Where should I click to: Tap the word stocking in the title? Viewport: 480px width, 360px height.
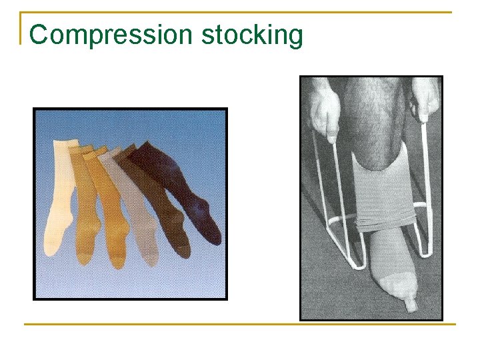pyautogui.click(x=252, y=35)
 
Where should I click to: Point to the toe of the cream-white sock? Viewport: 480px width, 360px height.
pyautogui.click(x=52, y=248)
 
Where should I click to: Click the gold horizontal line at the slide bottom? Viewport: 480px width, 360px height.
pyautogui.click(x=240, y=324)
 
